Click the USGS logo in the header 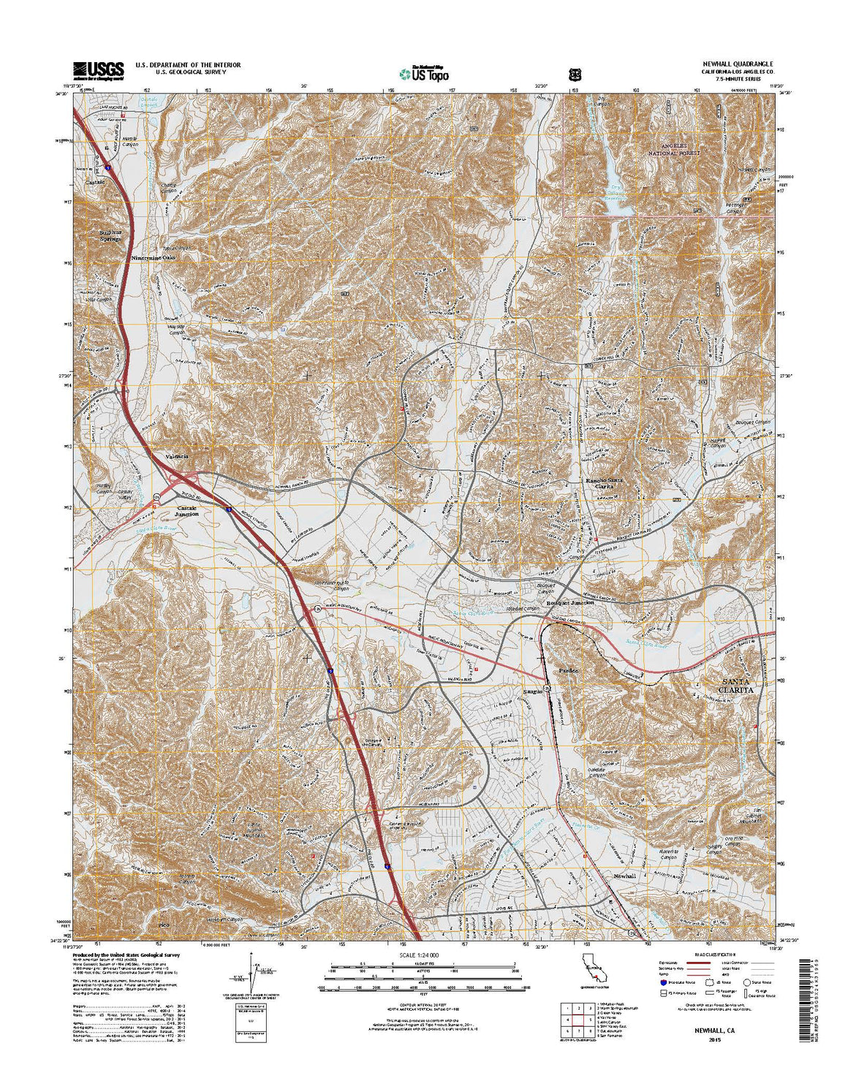98,69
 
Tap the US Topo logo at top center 424,73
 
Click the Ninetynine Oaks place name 154,258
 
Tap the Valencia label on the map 177,457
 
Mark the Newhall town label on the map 625,876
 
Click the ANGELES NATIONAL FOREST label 676,150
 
